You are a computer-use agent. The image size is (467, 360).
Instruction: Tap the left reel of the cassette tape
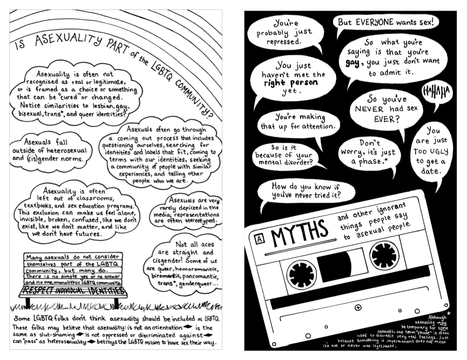coord(301,274)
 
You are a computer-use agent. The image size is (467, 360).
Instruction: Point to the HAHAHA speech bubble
coord(437,92)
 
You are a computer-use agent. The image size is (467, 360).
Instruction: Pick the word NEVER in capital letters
coord(369,109)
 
